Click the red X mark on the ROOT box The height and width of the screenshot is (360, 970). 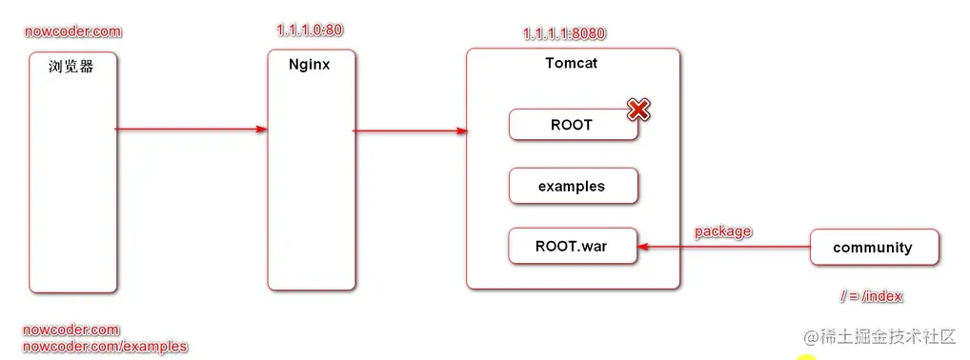[638, 110]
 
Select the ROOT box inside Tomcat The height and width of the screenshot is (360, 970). [572, 125]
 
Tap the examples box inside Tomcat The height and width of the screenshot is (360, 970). [572, 187]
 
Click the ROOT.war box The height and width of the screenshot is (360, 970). [572, 246]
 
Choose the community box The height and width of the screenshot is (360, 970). [873, 248]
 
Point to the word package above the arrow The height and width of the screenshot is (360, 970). [722, 231]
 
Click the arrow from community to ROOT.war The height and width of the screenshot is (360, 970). [724, 247]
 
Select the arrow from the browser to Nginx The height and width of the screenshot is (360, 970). [191, 129]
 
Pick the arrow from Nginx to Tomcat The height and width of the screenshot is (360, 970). [410, 130]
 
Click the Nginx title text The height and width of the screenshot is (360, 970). [309, 65]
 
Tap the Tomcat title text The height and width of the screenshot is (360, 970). [572, 64]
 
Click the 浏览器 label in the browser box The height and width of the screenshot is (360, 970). [71, 67]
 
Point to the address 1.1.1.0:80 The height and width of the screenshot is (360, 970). [310, 30]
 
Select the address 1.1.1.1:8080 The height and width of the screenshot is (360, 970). [564, 33]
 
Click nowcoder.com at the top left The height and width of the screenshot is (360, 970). [72, 31]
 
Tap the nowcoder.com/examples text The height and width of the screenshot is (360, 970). [105, 347]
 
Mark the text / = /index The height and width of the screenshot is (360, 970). [871, 296]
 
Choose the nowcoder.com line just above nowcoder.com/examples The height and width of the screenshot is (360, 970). [71, 330]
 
